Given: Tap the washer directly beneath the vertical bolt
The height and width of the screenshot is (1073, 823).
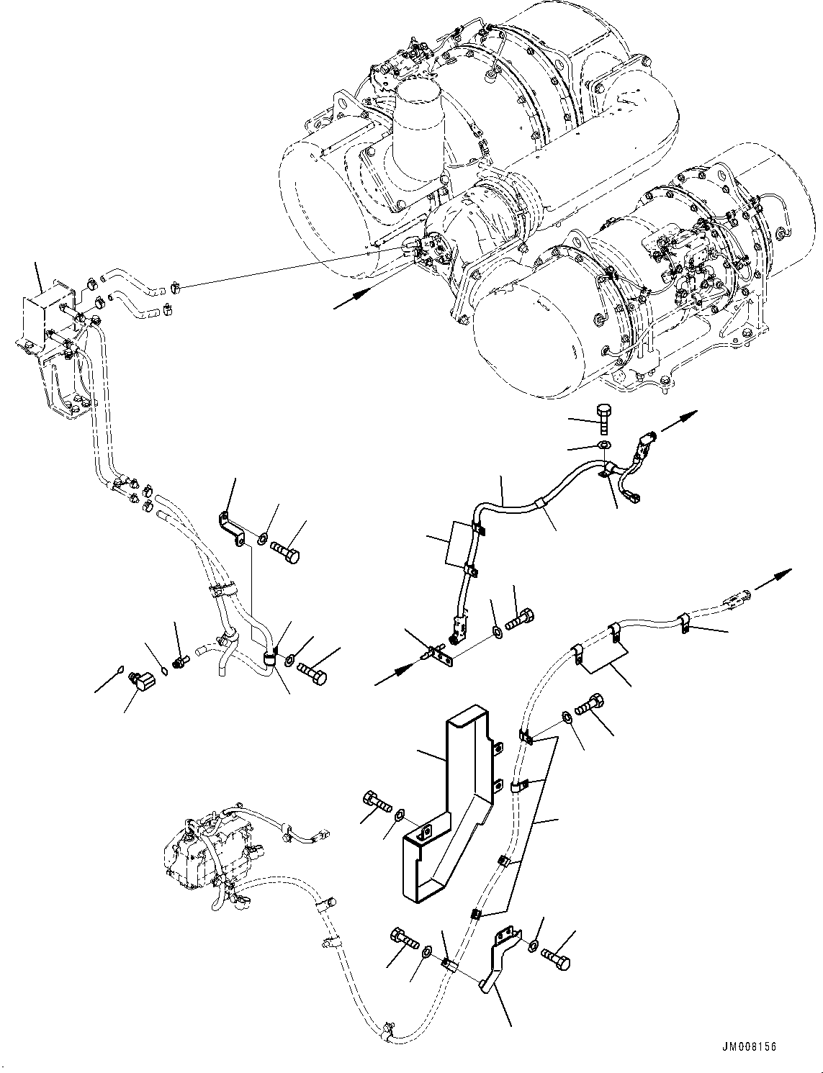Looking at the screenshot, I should coord(603,447).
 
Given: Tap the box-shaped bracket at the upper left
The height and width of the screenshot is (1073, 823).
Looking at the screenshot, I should coord(44,317).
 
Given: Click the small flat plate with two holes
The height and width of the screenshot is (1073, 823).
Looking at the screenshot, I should coord(438,656).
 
